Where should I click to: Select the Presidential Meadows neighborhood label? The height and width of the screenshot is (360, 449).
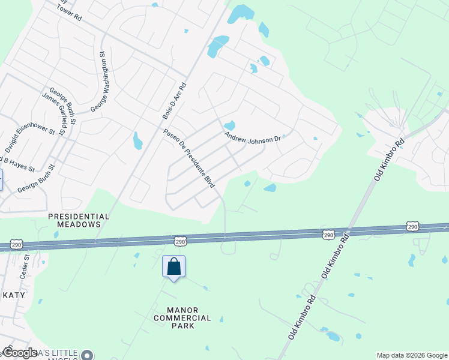[x=78, y=220]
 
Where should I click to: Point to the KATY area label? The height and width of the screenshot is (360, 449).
[x=13, y=295]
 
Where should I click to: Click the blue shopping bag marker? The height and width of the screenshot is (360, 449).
[x=173, y=267]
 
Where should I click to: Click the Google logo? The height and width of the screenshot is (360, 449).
[x=20, y=353]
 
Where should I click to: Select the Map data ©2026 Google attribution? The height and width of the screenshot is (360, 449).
[x=412, y=355]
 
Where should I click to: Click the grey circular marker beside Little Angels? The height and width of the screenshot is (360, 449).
[x=88, y=355]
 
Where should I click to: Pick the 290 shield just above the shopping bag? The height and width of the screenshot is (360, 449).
[x=181, y=241]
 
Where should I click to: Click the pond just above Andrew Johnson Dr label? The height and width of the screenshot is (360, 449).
[x=229, y=125]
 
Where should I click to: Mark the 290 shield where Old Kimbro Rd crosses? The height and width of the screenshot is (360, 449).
[x=328, y=233]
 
